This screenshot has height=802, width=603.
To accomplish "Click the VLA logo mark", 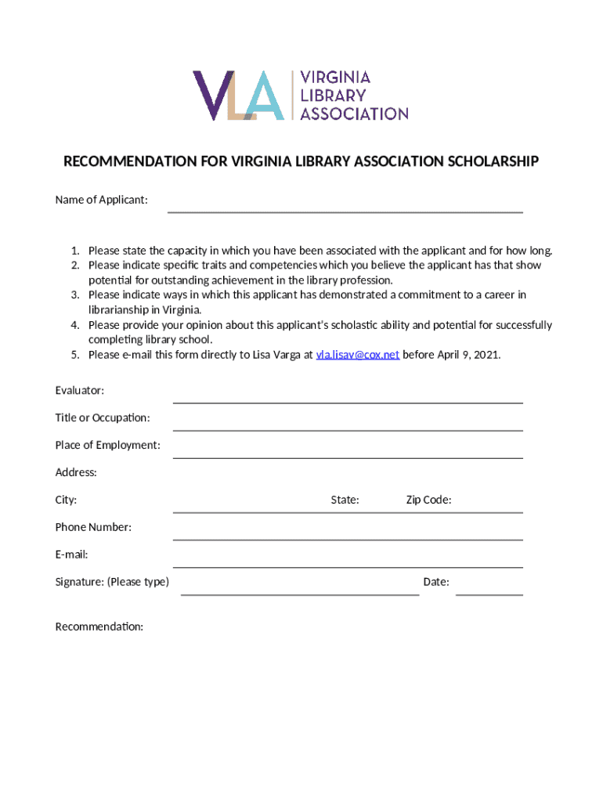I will [238, 95].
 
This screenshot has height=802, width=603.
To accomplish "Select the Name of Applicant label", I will [101, 200].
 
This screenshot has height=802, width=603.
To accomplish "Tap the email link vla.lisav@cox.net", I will [357, 354].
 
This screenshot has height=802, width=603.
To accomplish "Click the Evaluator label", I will [79, 390].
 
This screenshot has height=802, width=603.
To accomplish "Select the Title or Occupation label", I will [102, 417].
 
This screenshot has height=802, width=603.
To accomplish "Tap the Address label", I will [76, 472].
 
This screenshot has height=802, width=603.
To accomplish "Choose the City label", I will [66, 500].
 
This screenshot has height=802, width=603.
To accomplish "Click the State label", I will [345, 500].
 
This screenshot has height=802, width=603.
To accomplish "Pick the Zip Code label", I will [428, 500].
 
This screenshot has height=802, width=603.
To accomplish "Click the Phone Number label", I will [93, 527].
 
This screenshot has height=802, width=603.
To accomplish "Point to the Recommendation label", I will [99, 627].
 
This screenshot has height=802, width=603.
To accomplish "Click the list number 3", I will [75, 295].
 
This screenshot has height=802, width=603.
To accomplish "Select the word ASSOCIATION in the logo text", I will [355, 114].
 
